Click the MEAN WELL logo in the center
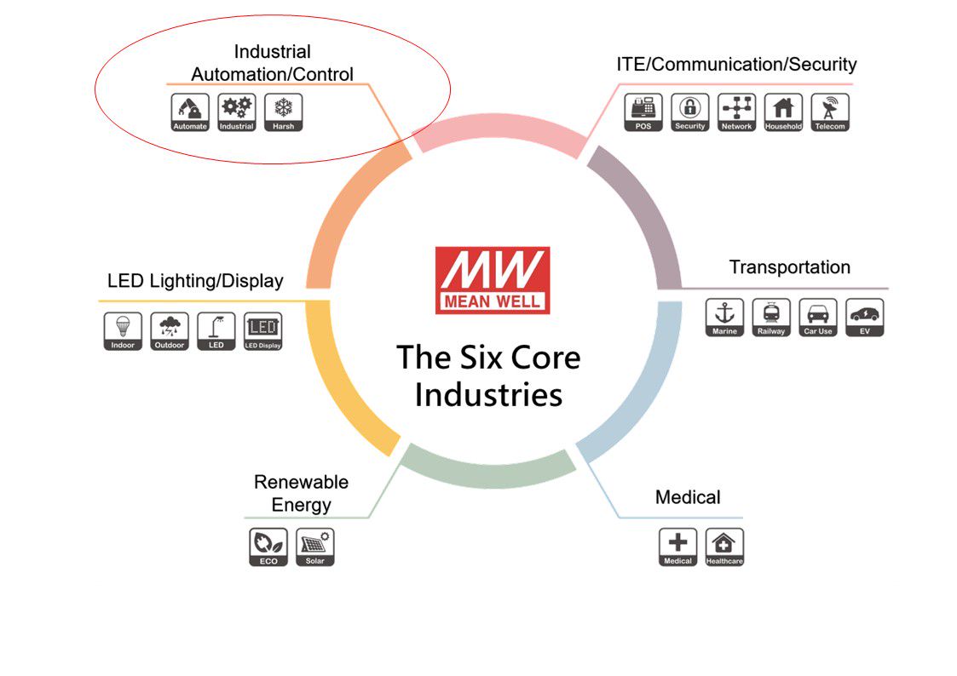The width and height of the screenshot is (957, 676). pyautogui.click(x=493, y=280)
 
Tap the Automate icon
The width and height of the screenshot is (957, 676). pyautogui.click(x=190, y=112)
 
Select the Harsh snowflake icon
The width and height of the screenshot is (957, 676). pyautogui.click(x=283, y=112)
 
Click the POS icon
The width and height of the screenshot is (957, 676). pyautogui.click(x=643, y=112)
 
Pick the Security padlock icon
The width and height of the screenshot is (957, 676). pyautogui.click(x=689, y=112)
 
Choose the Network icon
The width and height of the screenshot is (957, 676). pyautogui.click(x=736, y=112)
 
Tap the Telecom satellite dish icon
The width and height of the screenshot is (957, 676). pyautogui.click(x=830, y=112)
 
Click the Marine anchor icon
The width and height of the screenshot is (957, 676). pyautogui.click(x=724, y=317)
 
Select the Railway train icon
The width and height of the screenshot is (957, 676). pyautogui.click(x=771, y=317)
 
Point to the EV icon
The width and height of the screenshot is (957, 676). pyautogui.click(x=865, y=317)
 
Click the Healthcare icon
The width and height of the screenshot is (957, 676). pyautogui.click(x=724, y=547)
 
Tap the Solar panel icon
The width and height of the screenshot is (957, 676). pyautogui.click(x=314, y=547)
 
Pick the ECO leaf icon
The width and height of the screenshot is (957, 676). pyautogui.click(x=268, y=547)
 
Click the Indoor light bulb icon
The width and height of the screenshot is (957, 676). pyautogui.click(x=123, y=331)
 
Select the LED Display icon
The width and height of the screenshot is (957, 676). pyautogui.click(x=262, y=331)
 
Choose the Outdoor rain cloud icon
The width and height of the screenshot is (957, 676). pyautogui.click(x=170, y=331)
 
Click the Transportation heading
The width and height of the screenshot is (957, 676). pyautogui.click(x=789, y=267)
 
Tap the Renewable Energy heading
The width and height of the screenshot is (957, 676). pyautogui.click(x=301, y=493)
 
